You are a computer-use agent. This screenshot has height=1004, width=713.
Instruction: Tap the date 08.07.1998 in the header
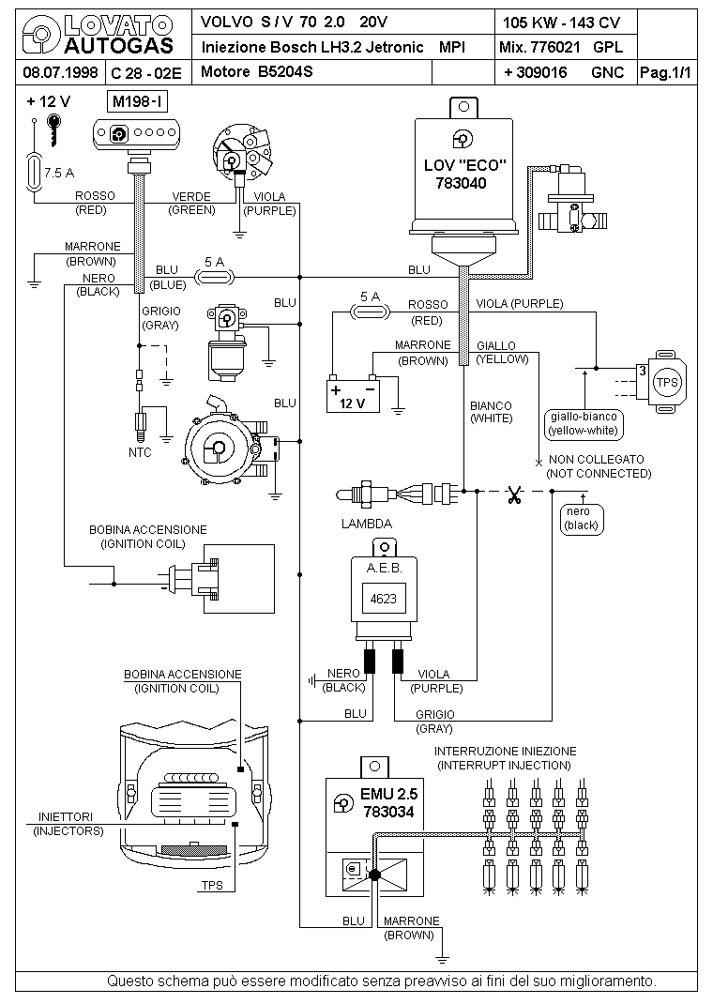coord(57,72)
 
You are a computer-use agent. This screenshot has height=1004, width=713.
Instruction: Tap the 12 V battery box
coord(352,394)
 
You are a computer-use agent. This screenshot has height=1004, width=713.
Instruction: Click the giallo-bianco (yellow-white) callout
coord(581,424)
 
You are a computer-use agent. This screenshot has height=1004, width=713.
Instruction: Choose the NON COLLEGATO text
coord(597,460)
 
